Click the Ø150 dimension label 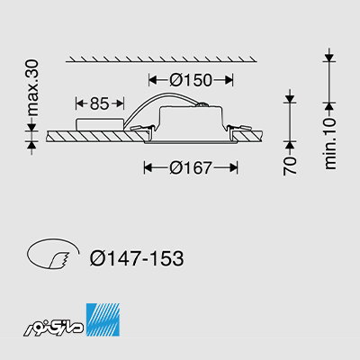pos(191,80)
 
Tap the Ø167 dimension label pos(191,167)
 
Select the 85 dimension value pos(99,103)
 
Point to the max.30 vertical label pos(32,88)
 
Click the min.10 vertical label pos(330,144)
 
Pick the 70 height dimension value pos(290,166)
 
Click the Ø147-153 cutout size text pos(137,258)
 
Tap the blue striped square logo pos(103,319)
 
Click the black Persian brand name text pos(55,327)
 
